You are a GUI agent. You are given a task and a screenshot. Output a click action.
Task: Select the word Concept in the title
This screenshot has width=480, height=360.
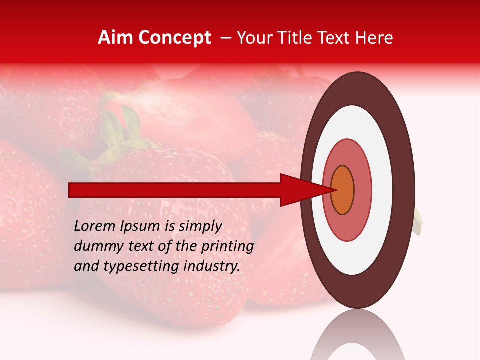(x=175, y=38)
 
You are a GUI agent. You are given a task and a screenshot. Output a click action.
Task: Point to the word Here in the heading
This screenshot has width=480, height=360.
(x=375, y=38)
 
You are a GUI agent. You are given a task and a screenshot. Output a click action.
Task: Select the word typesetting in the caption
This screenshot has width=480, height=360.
(x=132, y=266)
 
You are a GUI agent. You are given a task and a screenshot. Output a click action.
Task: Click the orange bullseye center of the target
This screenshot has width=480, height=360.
(x=343, y=190)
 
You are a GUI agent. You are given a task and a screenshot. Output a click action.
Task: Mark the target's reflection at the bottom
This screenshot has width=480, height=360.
(x=358, y=337)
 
